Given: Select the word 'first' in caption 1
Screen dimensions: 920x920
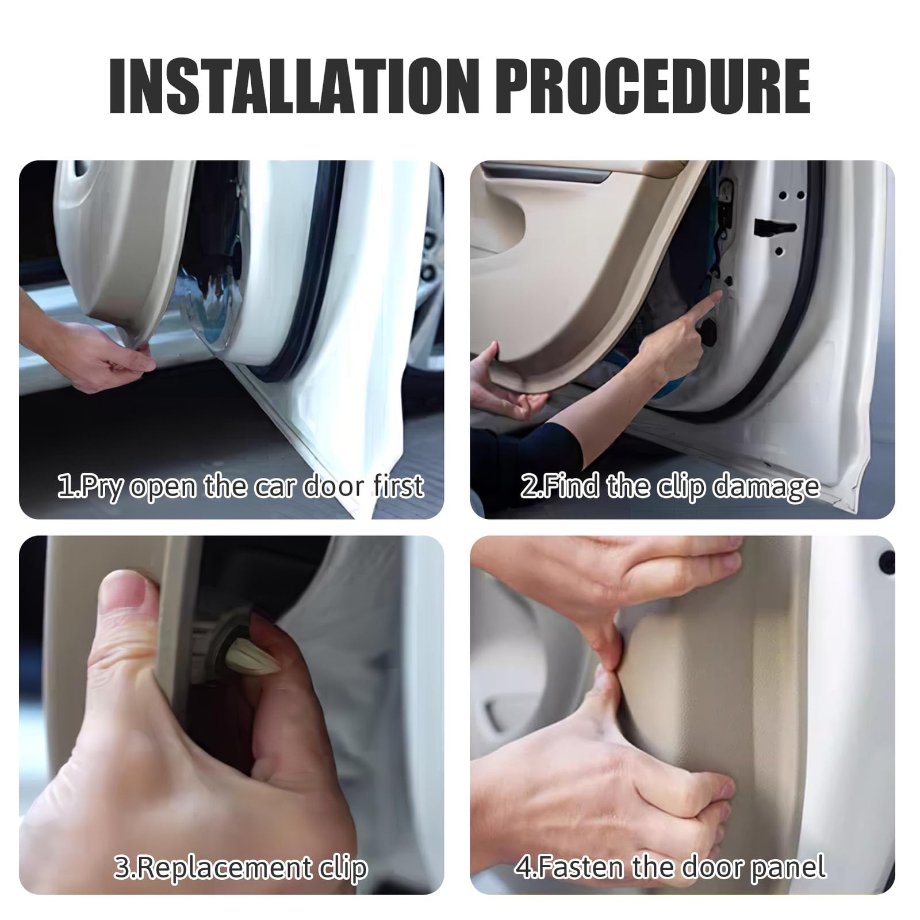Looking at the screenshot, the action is [x=398, y=486].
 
